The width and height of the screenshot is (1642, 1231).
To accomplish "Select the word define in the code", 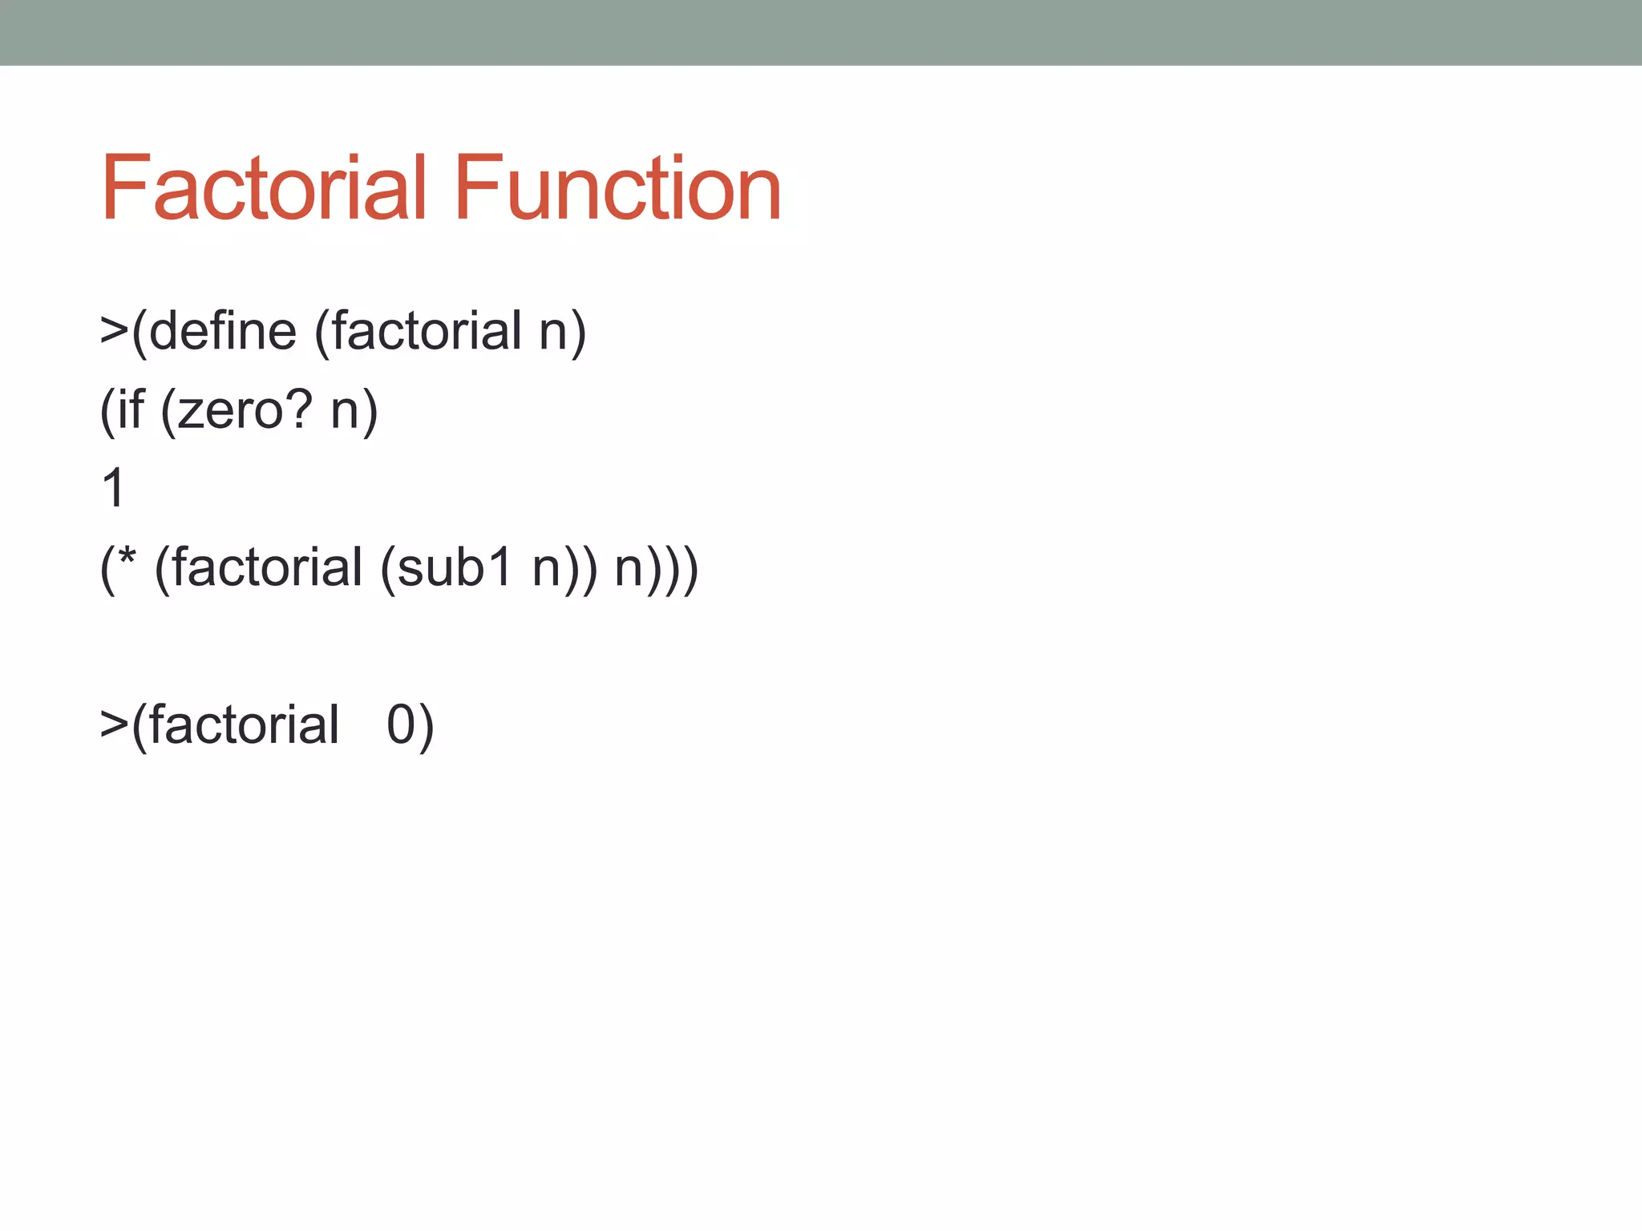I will [222, 331].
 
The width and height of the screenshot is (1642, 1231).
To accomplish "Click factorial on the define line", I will [427, 331].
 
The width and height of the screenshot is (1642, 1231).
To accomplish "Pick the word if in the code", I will [131, 410].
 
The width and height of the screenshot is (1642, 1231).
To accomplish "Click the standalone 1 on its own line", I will [113, 487].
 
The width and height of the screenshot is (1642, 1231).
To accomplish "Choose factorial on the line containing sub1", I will [267, 567].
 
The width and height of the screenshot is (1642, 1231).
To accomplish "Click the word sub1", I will [455, 567].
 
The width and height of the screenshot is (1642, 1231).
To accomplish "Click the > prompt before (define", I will [114, 331].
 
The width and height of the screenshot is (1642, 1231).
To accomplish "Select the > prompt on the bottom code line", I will [114, 724].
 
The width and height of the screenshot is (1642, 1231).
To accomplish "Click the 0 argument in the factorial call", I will [400, 724].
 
